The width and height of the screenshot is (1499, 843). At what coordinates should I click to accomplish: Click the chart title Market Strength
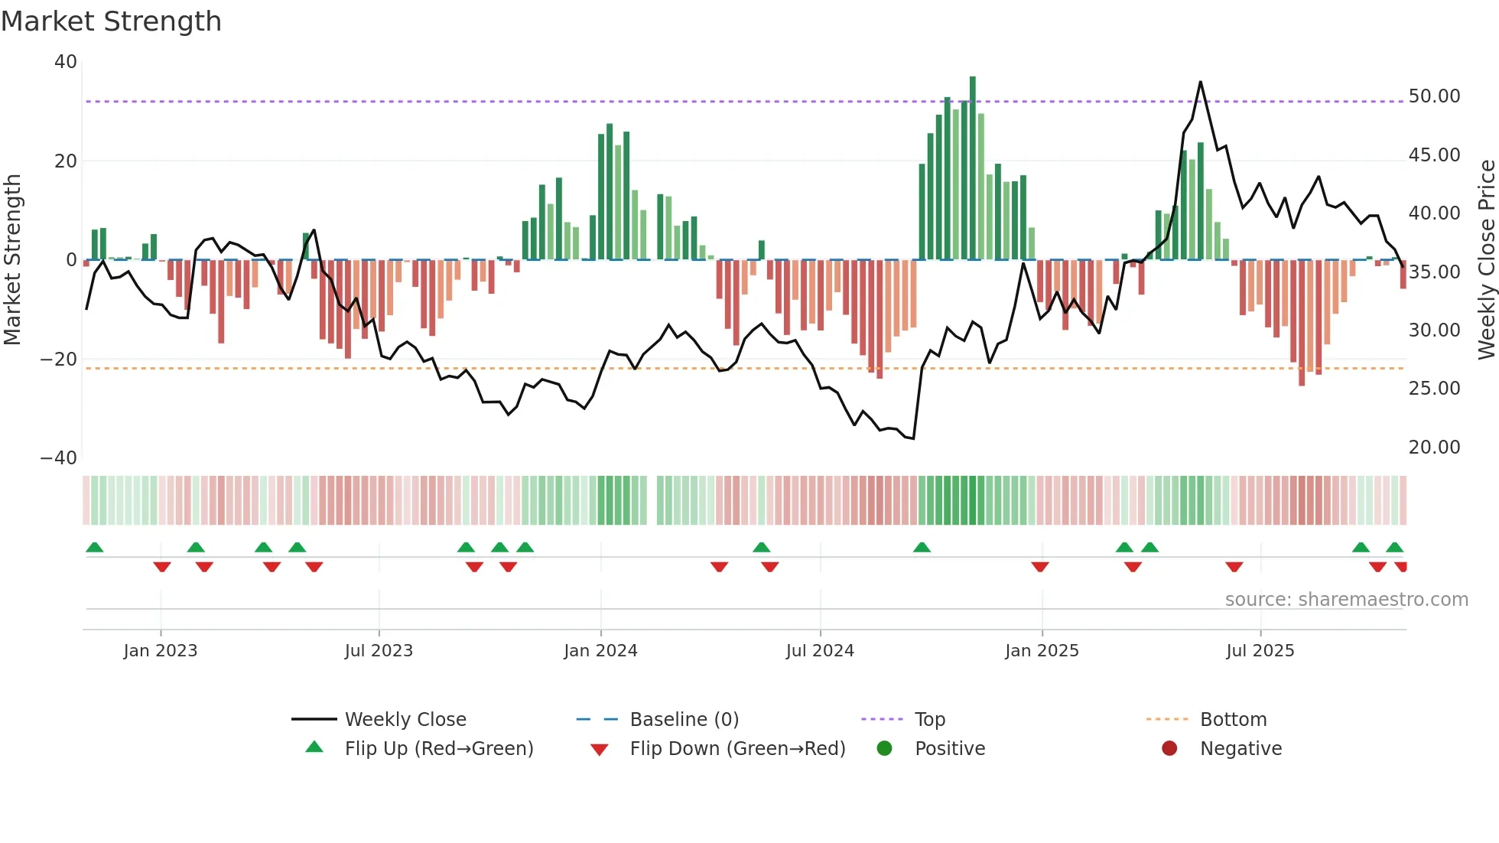point(111,21)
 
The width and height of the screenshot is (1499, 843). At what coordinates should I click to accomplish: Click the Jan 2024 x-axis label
point(600,651)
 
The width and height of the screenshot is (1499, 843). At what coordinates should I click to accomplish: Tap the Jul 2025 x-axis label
point(1260,651)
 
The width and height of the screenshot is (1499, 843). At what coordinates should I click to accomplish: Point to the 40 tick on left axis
point(66,62)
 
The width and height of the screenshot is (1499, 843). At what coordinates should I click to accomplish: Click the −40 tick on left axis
point(59,458)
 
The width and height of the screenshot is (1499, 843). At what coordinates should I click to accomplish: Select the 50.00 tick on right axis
point(1434,96)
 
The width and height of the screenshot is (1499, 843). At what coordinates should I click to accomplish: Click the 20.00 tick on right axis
point(1434,448)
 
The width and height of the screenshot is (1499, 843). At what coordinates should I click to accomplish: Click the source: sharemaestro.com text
point(1346,600)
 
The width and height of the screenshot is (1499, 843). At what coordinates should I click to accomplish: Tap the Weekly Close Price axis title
point(1486,260)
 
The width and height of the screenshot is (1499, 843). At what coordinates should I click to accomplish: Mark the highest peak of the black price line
point(1200,82)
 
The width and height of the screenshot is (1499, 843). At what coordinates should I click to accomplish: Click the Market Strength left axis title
point(13,260)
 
